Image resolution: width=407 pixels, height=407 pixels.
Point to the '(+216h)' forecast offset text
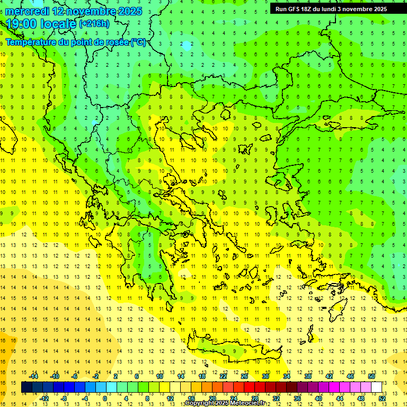pos(94,24)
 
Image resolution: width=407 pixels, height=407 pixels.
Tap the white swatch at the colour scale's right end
pos(377,387)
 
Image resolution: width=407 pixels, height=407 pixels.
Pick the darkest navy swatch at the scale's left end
pos(26,387)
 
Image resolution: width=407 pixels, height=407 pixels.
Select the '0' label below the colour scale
pos(105,399)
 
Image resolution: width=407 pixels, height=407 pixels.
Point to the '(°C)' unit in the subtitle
pos(138,42)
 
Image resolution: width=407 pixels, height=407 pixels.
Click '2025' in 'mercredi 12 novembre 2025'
pos(129,11)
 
